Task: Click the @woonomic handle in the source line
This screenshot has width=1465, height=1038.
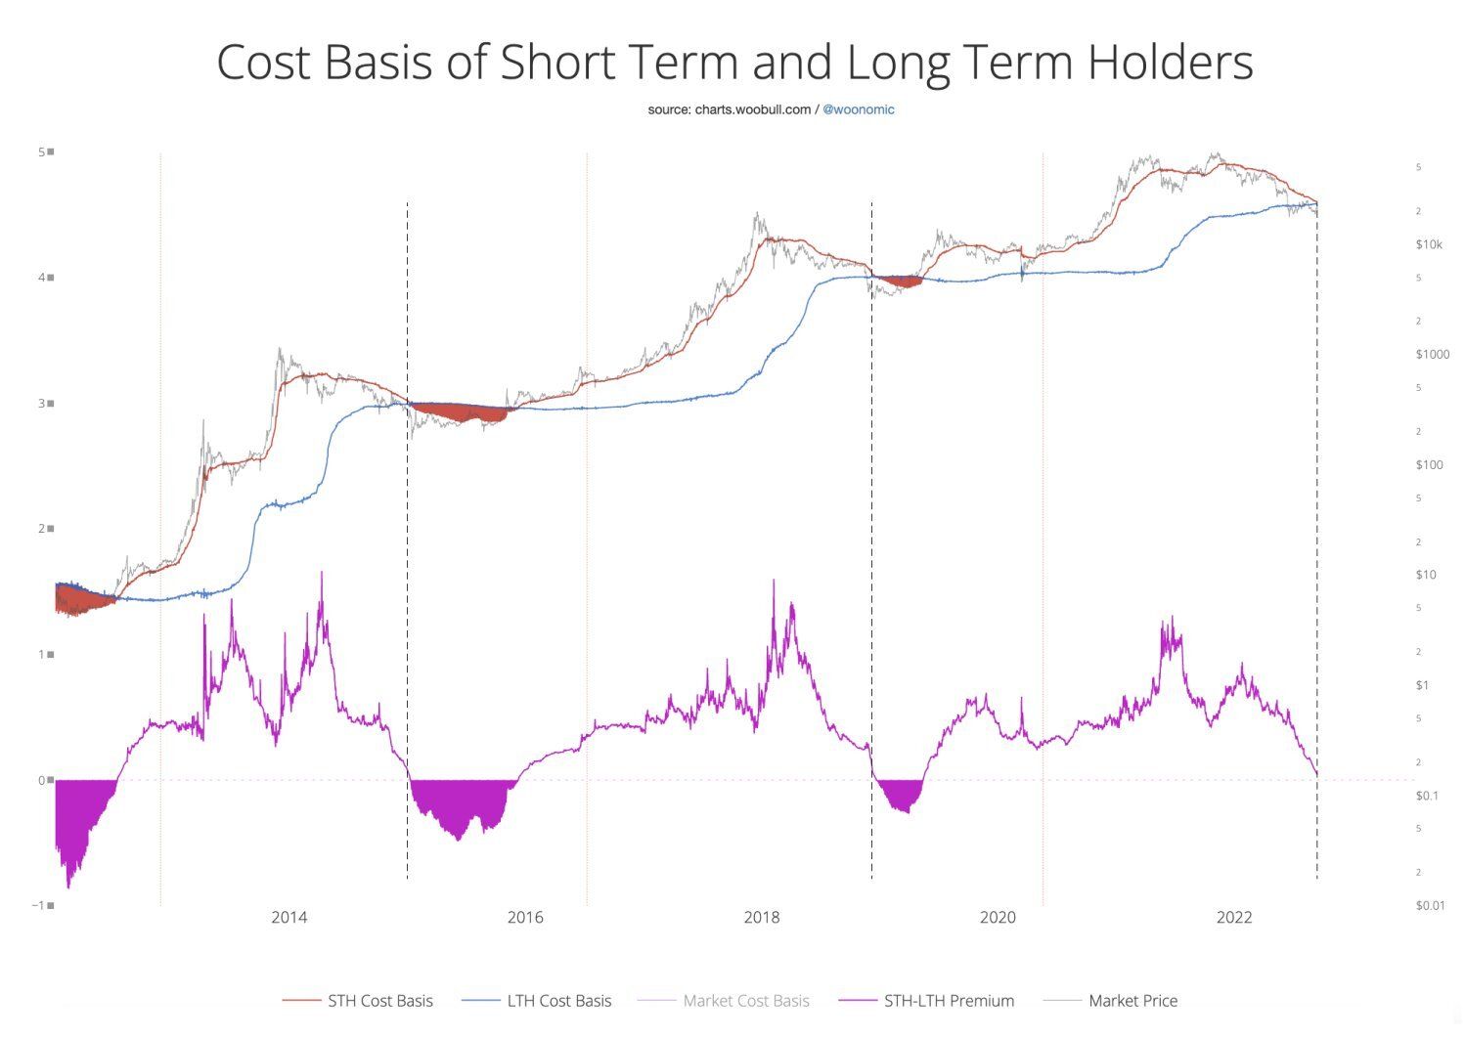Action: tap(858, 109)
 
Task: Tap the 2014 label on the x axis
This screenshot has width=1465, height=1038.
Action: tap(289, 917)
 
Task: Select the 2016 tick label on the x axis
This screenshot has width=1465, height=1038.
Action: tap(525, 917)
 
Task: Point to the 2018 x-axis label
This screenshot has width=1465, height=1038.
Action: tap(762, 917)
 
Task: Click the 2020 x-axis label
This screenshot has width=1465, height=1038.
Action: tap(998, 917)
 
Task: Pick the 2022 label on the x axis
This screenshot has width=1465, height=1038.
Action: tap(1234, 917)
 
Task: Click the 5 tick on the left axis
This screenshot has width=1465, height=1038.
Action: tap(42, 151)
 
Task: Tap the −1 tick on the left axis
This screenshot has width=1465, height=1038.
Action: tap(39, 905)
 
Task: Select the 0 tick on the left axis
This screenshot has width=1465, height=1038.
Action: tap(42, 780)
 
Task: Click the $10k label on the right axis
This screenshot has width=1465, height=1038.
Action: tap(1429, 244)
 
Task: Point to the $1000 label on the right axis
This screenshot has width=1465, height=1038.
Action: tap(1432, 354)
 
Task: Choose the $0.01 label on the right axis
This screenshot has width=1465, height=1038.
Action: tap(1430, 905)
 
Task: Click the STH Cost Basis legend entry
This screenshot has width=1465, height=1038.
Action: tap(379, 1001)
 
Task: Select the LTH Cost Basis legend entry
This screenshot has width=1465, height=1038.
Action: tap(558, 1001)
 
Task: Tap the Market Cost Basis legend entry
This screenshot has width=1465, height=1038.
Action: tap(745, 1001)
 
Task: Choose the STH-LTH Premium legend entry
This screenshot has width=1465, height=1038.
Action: tap(949, 1001)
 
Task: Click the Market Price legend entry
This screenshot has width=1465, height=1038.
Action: tap(1132, 1001)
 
